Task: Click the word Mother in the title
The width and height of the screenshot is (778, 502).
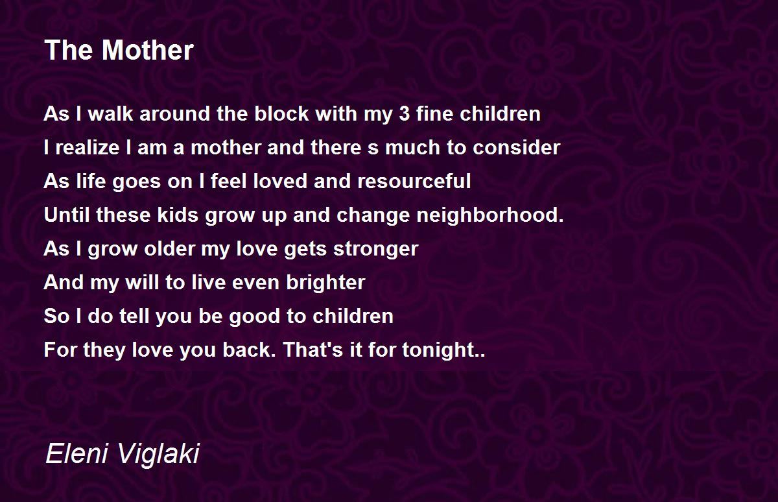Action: pos(148,50)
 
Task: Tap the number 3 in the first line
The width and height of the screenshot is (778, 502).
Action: pos(405,114)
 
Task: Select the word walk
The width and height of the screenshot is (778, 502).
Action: pos(110,114)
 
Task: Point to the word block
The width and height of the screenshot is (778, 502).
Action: pos(281,114)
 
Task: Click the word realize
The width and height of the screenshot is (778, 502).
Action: pos(88,147)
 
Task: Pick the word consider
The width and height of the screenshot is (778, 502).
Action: pos(517,147)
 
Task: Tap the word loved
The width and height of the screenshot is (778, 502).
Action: pos(280,181)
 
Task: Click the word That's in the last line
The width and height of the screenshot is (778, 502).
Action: pos(313,349)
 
